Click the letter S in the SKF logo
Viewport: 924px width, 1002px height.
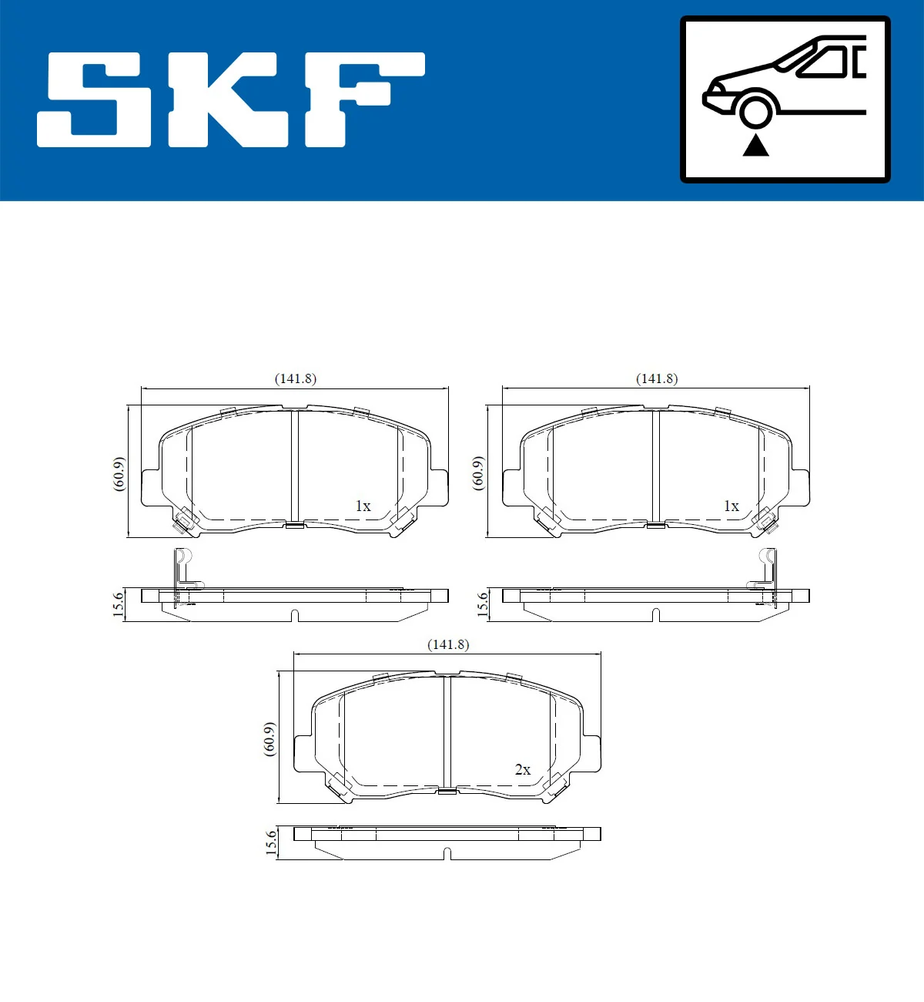94,100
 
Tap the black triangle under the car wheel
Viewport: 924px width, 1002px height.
755,145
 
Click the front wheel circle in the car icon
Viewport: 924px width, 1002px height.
755,109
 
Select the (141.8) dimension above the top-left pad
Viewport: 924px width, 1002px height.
296,378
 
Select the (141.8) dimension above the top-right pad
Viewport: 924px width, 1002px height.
657,378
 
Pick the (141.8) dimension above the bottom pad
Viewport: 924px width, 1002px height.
448,644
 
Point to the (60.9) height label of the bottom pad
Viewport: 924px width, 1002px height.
269,739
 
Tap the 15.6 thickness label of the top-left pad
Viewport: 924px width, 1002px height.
118,604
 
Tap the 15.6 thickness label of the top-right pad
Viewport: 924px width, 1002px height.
483,604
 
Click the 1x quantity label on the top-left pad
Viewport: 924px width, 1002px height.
363,506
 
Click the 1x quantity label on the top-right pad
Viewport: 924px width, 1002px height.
731,506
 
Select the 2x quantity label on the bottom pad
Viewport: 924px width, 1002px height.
523,769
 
